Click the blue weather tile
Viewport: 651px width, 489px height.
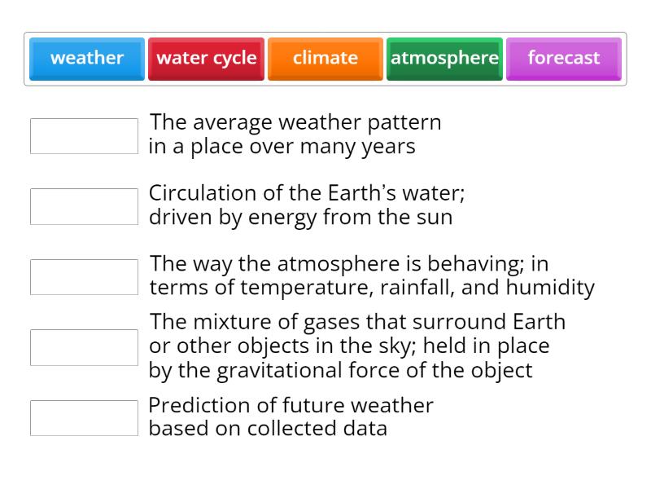pos(87,58)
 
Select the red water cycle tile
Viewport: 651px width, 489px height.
pos(206,58)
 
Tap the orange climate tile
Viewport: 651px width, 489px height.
pos(325,58)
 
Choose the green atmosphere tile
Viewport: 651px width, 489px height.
pos(444,58)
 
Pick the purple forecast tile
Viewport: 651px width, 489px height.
pos(563,58)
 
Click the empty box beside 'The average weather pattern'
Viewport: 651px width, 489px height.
pos(84,136)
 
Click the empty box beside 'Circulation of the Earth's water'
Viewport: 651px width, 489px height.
pos(84,206)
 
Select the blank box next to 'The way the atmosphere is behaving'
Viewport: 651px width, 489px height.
pos(84,277)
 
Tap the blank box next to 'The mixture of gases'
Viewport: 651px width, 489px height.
pos(84,347)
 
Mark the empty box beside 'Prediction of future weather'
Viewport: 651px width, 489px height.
pos(84,418)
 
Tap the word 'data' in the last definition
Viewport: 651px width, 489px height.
pos(366,429)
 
